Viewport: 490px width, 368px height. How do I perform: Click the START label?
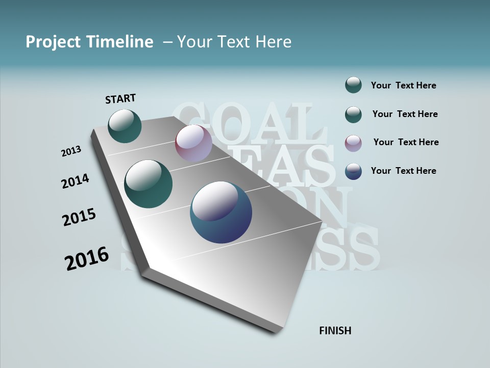120,99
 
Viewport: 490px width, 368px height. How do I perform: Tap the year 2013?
71,151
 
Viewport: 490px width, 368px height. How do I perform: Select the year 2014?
75,181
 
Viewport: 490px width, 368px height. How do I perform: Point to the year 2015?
79,217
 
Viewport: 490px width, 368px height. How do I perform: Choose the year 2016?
87,258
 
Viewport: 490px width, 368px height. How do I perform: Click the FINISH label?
335,331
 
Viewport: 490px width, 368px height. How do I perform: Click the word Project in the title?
53,42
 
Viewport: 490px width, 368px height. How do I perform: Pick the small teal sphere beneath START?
125,126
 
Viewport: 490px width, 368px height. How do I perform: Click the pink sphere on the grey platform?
193,143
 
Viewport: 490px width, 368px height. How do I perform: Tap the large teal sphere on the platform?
149,184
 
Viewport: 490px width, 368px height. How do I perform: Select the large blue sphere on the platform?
221,212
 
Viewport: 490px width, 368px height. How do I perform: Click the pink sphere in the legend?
353,143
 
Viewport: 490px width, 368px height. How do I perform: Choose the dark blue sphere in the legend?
353,171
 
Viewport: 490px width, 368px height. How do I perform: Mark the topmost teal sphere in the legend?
353,85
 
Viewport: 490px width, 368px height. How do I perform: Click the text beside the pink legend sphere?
406,142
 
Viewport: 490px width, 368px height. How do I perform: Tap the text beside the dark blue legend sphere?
403,171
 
